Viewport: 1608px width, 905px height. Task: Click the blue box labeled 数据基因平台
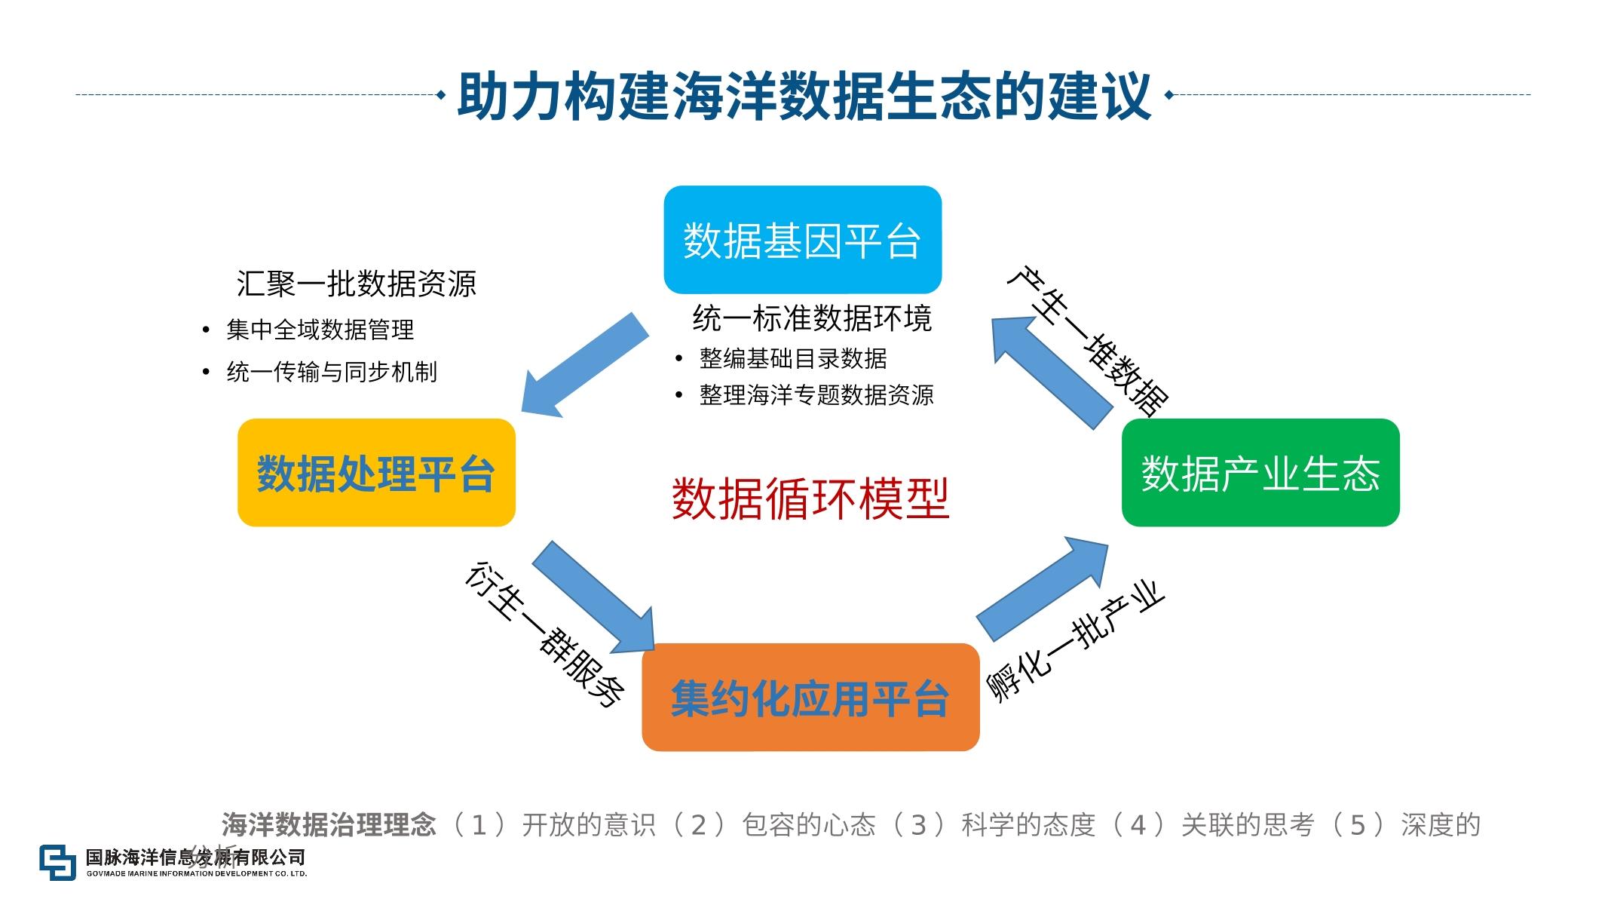802,240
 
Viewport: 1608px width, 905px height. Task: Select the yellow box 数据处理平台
376,473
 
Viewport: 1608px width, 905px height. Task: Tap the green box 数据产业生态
1260,473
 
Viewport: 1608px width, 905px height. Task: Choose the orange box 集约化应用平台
810,697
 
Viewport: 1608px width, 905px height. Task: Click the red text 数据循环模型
810,499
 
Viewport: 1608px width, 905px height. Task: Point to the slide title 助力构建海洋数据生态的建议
804,96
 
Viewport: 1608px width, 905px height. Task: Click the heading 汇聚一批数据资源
356,284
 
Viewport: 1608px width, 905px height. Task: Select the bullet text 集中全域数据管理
320,330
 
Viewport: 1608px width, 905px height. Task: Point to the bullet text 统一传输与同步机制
331,372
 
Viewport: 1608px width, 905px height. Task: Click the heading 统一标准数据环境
812,318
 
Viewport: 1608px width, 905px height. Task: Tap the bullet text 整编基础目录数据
792,358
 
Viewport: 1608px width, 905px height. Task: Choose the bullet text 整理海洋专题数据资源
816,394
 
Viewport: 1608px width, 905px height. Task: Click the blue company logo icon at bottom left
58,862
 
